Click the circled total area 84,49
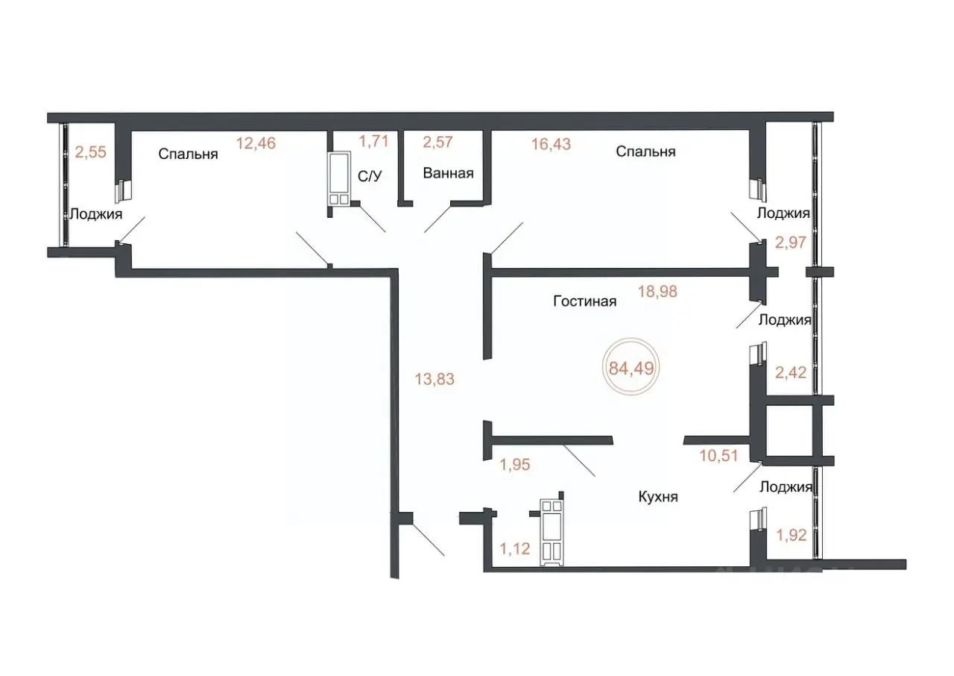(x=631, y=367)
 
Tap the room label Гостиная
(x=585, y=301)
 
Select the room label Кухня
(x=658, y=497)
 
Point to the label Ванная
(x=448, y=173)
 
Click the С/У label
(x=370, y=176)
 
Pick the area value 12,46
(x=256, y=143)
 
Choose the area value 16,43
(x=551, y=144)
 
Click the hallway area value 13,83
(x=435, y=378)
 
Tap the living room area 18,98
(x=657, y=292)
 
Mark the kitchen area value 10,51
(x=718, y=456)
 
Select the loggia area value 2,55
(x=90, y=152)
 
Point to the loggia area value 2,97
(x=791, y=242)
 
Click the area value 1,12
(x=515, y=548)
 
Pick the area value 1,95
(x=515, y=464)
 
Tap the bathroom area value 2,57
(x=437, y=142)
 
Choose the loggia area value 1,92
(x=792, y=535)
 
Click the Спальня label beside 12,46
(x=188, y=154)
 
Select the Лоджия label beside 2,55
(x=96, y=213)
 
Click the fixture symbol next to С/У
(x=339, y=178)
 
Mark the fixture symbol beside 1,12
(x=552, y=533)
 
